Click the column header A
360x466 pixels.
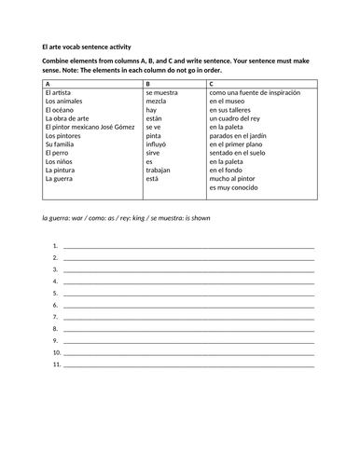48,84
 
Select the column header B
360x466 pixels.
148,84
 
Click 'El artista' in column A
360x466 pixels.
62,94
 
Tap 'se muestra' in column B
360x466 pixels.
163,94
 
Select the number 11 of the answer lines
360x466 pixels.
57,365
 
